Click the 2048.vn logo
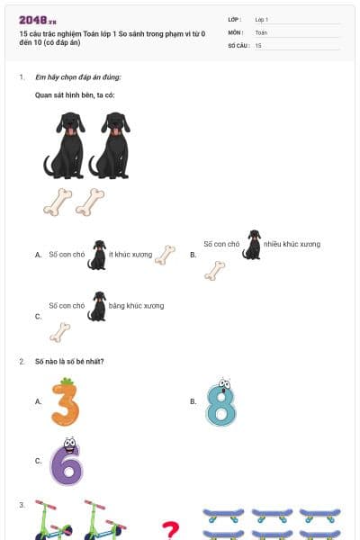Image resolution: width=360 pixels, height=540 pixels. tap(38, 19)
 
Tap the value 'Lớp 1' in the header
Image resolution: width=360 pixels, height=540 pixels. tap(262, 19)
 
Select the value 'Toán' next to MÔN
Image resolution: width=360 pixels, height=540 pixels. tap(261, 31)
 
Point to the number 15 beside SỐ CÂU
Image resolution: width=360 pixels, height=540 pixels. tap(258, 44)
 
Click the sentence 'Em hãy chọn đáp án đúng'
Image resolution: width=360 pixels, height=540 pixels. tap(77, 77)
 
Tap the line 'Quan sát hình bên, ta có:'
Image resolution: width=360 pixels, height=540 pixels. tap(75, 94)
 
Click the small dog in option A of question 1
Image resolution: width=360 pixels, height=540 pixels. tap(96, 255)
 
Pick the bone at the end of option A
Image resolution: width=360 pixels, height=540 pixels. tap(165, 255)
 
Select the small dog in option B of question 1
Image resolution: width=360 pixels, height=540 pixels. tap(252, 245)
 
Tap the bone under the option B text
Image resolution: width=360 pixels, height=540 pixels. tap(214, 270)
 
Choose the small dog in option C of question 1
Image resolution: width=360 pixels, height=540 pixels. tap(96, 306)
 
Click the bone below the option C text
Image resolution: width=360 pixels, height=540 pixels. tap(59, 333)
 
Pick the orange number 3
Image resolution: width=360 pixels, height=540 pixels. tap(65, 402)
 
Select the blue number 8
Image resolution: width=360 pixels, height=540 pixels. tap(220, 402)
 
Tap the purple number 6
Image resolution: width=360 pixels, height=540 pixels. tap(66, 461)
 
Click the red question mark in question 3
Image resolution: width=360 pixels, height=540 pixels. tap(169, 530)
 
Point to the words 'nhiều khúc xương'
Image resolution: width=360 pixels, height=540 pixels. tap(292, 244)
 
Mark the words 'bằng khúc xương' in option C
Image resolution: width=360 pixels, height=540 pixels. tap(137, 306)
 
